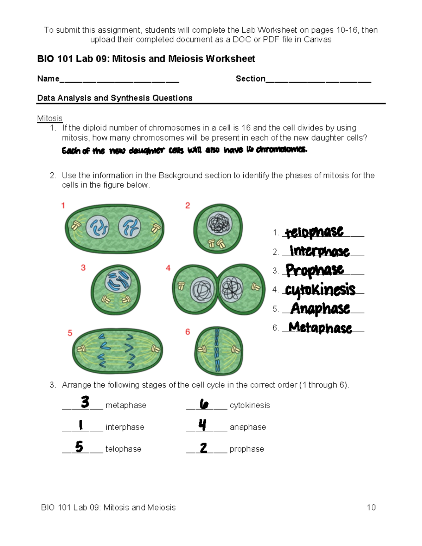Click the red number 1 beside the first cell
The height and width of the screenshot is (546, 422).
click(63, 205)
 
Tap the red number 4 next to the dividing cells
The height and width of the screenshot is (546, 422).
click(168, 268)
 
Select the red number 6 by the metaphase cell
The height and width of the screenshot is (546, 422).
click(187, 332)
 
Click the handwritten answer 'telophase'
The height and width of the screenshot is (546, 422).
click(314, 232)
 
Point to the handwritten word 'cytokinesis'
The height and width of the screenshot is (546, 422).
click(320, 290)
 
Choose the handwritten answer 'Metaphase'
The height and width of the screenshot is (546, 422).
click(320, 327)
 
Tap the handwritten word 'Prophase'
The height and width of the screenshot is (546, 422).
click(315, 270)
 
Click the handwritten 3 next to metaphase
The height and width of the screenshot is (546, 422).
click(85, 402)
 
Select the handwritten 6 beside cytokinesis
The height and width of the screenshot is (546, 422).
click(204, 404)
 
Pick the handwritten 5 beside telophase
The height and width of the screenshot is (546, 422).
click(79, 447)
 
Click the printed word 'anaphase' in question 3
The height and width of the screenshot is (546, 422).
click(248, 427)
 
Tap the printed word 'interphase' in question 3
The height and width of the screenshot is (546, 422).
click(125, 427)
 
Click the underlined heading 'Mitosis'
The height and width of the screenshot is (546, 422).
click(50, 118)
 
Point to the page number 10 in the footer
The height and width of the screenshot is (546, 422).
click(371, 507)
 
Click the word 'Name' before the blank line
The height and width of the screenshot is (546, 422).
click(48, 79)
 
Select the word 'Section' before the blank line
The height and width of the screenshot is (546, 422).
click(250, 79)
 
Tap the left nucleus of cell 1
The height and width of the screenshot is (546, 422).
click(98, 227)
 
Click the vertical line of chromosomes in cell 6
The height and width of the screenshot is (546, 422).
click(217, 350)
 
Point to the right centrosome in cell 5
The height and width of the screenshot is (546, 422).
click(155, 349)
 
